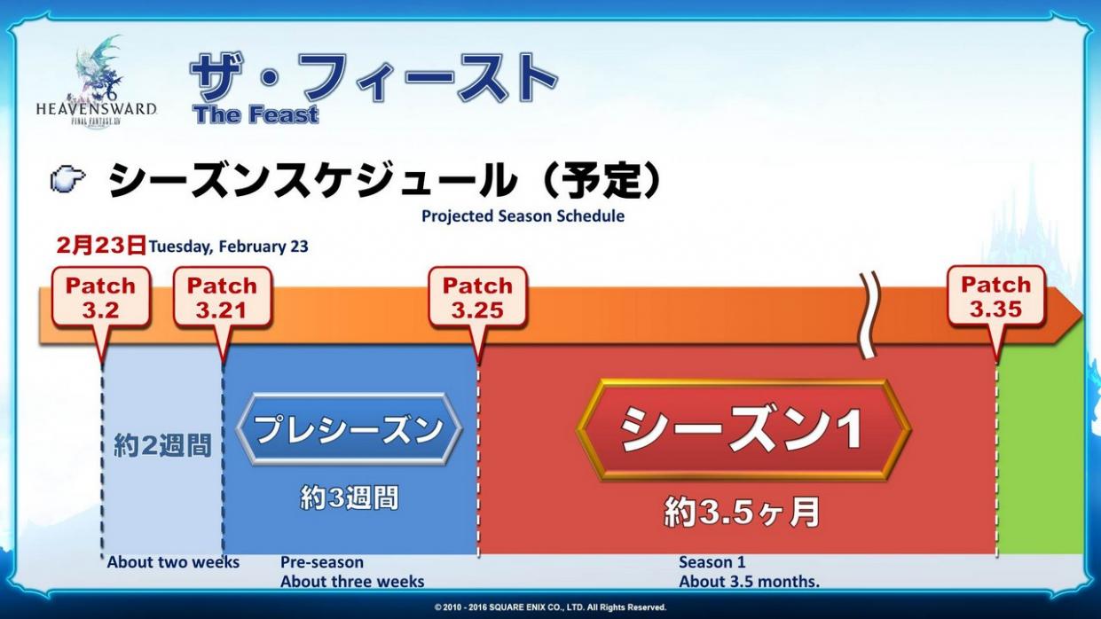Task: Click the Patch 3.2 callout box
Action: click(101, 297)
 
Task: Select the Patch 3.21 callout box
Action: click(222, 297)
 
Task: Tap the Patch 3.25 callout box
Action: click(478, 297)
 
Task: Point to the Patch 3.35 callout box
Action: click(996, 296)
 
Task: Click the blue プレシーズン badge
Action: click(349, 429)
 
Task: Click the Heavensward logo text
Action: click(97, 109)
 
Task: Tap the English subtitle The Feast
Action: click(256, 114)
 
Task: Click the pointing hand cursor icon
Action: click(67, 179)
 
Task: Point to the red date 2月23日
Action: click(101, 246)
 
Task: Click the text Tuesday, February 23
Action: click(229, 247)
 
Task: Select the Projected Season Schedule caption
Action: click(523, 216)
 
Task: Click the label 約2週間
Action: click(162, 445)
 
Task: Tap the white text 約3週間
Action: click(350, 498)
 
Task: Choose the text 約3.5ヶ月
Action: click(743, 513)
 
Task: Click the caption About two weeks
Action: click(173, 562)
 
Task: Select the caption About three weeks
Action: click(352, 582)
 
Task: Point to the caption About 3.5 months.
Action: click(749, 582)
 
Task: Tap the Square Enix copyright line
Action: click(550, 607)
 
